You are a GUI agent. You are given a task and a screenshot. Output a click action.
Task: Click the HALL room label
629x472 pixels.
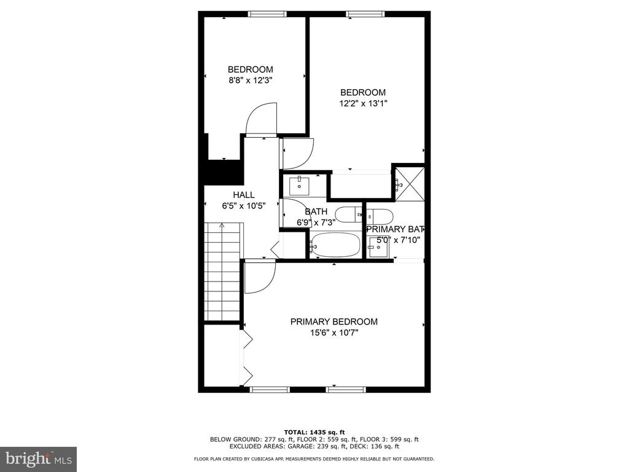[x=243, y=195]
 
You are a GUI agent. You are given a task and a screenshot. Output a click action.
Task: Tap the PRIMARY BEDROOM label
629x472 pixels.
[x=334, y=322]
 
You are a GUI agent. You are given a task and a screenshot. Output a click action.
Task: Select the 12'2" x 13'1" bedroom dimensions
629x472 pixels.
[x=363, y=103]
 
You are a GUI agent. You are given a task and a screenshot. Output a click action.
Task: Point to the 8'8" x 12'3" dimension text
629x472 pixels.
[x=251, y=81]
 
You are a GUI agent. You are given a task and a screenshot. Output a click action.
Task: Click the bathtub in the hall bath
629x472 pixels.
[x=335, y=245]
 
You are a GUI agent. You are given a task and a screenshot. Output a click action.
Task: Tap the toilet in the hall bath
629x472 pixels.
[x=349, y=215]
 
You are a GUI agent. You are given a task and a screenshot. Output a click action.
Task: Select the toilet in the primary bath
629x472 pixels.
[x=380, y=217]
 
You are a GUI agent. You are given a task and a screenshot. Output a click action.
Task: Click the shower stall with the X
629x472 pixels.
[x=409, y=184]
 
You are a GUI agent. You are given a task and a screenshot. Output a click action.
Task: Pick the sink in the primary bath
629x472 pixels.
[x=378, y=247]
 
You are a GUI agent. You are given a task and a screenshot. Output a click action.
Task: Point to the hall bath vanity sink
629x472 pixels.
[x=299, y=186]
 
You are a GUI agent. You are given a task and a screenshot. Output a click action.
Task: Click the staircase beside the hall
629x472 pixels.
[x=222, y=271]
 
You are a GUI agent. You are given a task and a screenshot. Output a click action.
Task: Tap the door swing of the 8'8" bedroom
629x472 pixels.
[x=261, y=119]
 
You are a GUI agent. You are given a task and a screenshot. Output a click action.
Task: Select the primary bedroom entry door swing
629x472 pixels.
[x=260, y=277]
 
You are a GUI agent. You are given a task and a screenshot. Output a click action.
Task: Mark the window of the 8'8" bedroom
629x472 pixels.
[x=267, y=14]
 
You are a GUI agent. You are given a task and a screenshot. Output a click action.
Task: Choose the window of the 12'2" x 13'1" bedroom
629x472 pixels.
[x=365, y=14]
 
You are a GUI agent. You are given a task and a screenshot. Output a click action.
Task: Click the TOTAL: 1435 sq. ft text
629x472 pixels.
[x=314, y=432]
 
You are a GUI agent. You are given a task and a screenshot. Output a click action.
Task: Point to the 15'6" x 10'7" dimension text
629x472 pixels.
[x=334, y=332]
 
